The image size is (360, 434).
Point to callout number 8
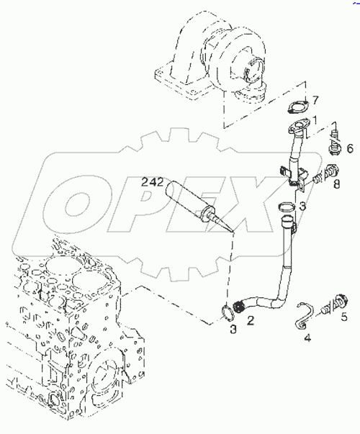pos(336,184)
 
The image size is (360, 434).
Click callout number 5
pos(344,316)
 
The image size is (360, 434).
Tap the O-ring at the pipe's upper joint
pos(286,211)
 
